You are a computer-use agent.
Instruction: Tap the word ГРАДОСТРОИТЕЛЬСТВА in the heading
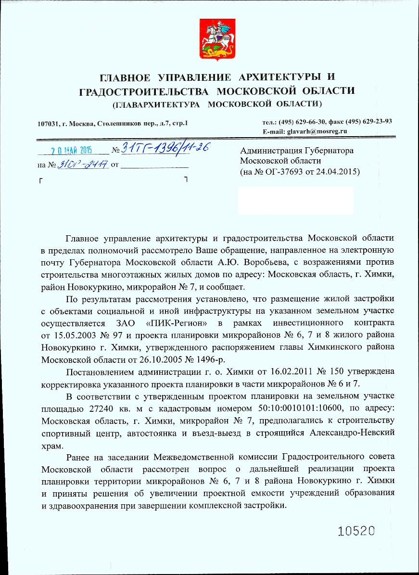[x=143, y=91]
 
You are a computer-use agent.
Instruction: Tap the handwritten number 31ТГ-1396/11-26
[x=164, y=148]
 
